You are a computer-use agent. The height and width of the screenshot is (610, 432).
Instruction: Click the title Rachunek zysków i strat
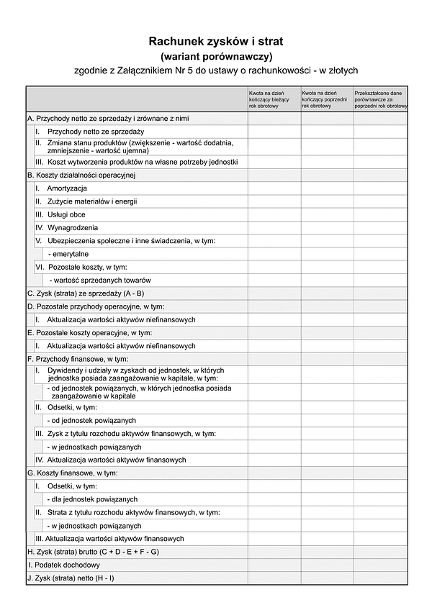point(216,42)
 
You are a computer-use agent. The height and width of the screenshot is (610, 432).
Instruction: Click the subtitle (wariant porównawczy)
point(216,56)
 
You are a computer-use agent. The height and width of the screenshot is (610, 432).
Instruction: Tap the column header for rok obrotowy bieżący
point(274,99)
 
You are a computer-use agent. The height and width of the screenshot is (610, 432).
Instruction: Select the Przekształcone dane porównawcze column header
point(380,99)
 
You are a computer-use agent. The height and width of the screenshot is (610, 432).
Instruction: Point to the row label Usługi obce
point(66,214)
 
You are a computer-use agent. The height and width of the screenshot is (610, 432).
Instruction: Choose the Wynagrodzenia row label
point(72,227)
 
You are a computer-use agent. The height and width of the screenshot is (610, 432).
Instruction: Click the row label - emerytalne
point(69,254)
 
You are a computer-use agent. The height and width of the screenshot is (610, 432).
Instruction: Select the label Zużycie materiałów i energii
point(92,201)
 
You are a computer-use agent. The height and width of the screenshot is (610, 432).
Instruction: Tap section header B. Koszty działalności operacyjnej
point(81,175)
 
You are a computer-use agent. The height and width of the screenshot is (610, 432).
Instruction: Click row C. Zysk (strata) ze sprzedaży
point(86,293)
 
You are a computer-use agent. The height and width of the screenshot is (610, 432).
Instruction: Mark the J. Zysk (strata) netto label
point(71,578)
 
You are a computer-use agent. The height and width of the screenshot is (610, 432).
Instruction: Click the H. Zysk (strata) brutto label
point(93,552)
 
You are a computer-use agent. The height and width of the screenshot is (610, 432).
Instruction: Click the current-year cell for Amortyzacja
point(274,188)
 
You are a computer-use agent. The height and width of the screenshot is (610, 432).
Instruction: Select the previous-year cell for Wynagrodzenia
point(327,227)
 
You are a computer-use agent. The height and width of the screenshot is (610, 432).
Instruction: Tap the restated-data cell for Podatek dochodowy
point(380,565)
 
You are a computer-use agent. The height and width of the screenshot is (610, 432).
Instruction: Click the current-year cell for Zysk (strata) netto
point(274,578)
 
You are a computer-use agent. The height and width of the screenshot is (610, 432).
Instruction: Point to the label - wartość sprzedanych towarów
point(100,280)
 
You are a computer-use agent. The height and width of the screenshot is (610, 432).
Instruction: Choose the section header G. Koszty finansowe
point(72,473)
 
